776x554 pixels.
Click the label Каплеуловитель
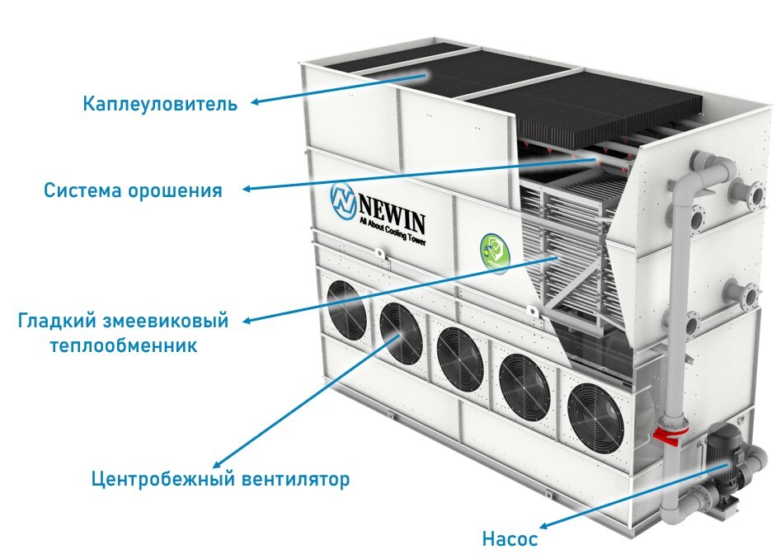160,105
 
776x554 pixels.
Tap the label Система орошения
133,190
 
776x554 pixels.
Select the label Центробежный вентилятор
220,478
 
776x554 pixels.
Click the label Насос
510,539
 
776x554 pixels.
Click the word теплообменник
123,345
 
